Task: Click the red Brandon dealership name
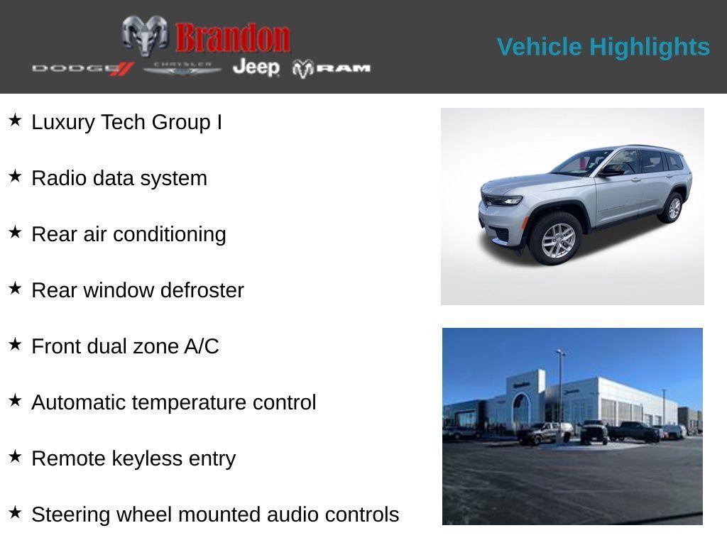point(233,38)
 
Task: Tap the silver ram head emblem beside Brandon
point(145,35)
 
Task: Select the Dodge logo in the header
point(82,68)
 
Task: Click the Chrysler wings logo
point(182,68)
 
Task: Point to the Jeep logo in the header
point(256,67)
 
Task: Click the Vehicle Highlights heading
point(603,47)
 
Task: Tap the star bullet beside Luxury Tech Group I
point(15,120)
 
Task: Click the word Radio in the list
point(58,178)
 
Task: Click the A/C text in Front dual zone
point(202,346)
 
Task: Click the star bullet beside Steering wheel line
point(15,512)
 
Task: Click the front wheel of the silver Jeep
point(558,239)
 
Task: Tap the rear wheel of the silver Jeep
point(672,207)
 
